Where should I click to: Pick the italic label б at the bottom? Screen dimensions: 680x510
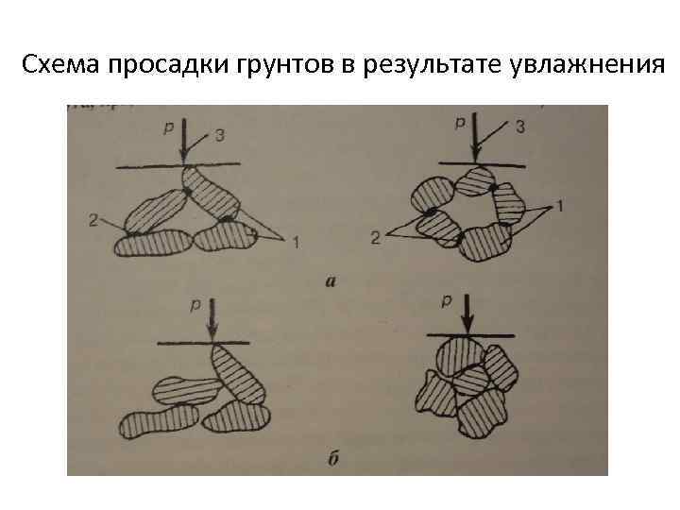tap(332, 460)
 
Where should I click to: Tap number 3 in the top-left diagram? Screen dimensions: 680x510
tap(219, 136)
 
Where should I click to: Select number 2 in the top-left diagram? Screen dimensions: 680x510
tap(93, 220)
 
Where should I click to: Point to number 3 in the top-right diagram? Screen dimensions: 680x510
tap(518, 127)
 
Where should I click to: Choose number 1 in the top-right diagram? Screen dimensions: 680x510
tap(560, 205)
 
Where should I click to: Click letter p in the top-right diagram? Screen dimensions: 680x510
tap(460, 122)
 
